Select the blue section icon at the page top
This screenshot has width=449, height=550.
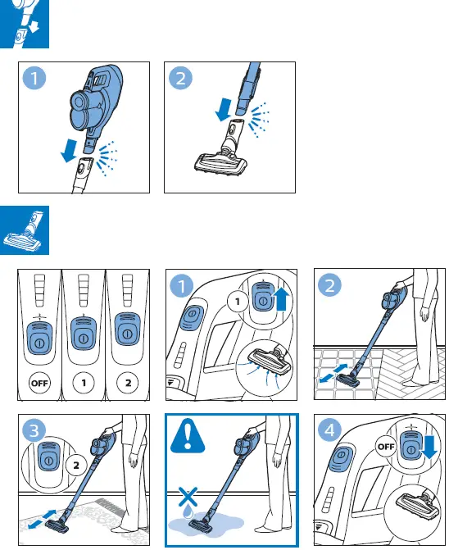(x=25, y=25)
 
